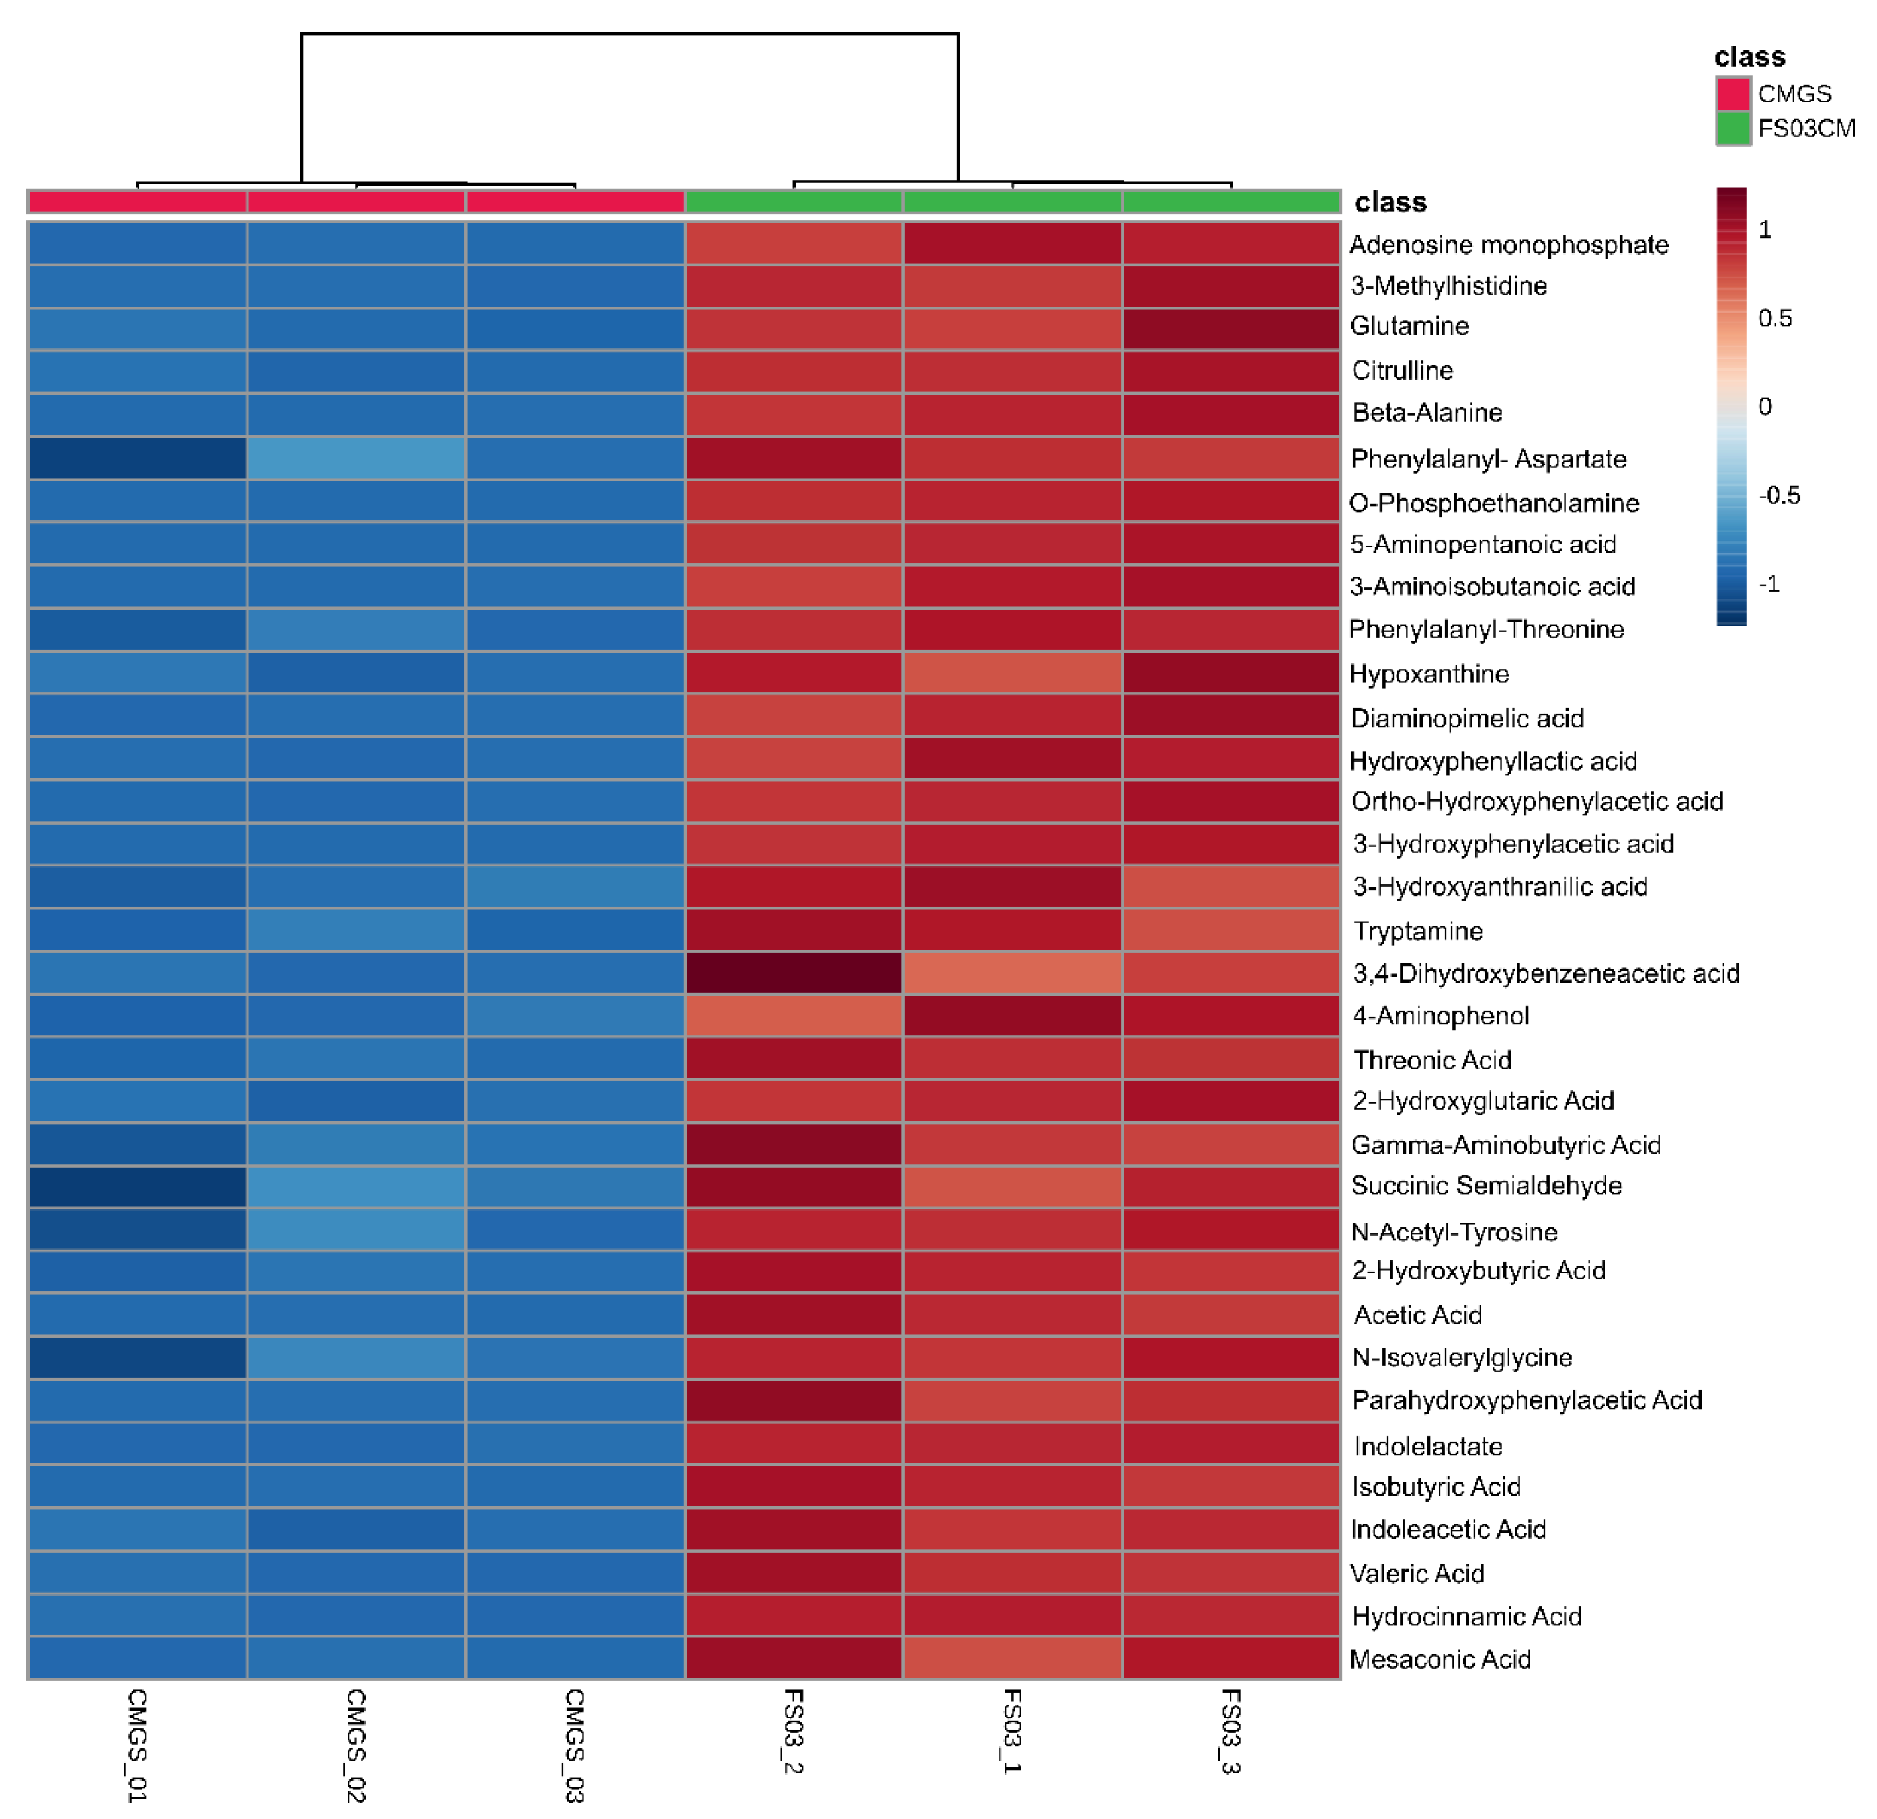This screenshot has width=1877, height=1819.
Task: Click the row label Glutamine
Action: click(1409, 327)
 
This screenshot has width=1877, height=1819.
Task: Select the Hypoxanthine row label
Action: click(1428, 674)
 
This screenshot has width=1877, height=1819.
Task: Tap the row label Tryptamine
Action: click(1417, 930)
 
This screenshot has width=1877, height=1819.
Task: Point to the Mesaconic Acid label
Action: click(1439, 1659)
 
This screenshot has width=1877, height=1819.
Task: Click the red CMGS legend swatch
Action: click(1732, 94)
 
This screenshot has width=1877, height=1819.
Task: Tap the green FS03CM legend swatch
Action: click(1732, 128)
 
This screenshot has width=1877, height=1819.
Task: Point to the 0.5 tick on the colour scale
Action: click(1774, 319)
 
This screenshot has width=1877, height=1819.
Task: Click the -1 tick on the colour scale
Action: click(1769, 584)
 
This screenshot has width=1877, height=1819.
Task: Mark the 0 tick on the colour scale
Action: click(1765, 407)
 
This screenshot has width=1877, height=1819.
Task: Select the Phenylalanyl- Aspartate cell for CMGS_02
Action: click(356, 459)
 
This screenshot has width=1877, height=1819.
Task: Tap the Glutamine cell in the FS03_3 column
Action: click(1231, 329)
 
